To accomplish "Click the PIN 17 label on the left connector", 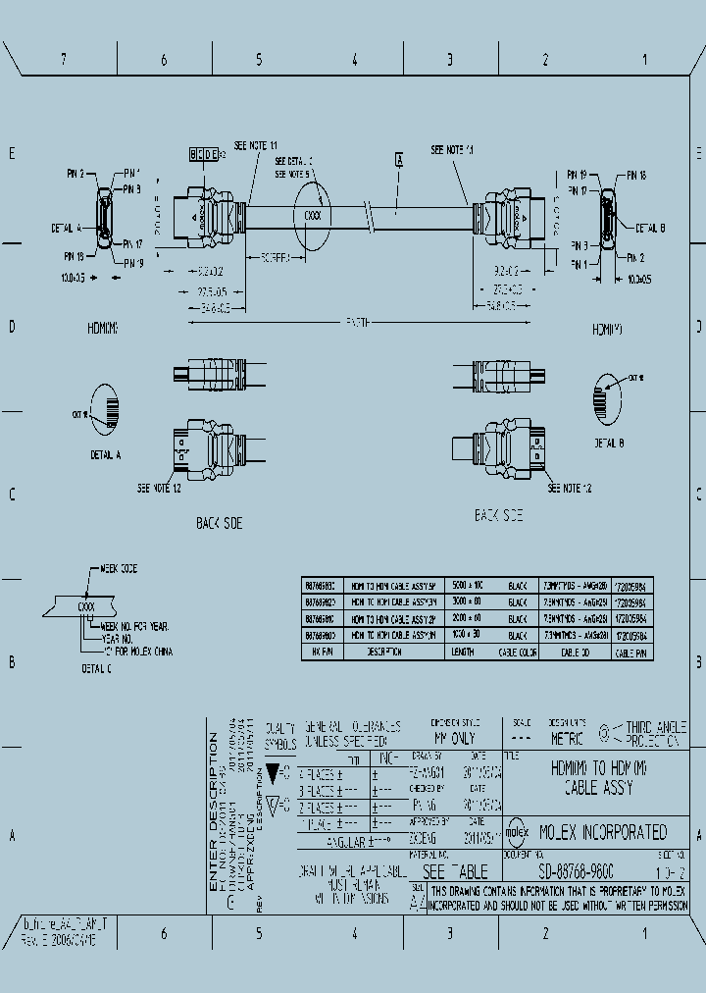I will (132, 243).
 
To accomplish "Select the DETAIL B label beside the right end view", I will (650, 228).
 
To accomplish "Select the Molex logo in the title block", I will (519, 832).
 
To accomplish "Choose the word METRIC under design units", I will (566, 738).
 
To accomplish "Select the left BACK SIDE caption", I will (219, 524).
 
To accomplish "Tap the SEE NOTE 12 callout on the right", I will (570, 488).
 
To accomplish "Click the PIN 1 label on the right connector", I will (579, 264).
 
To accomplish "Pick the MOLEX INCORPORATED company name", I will (603, 832).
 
